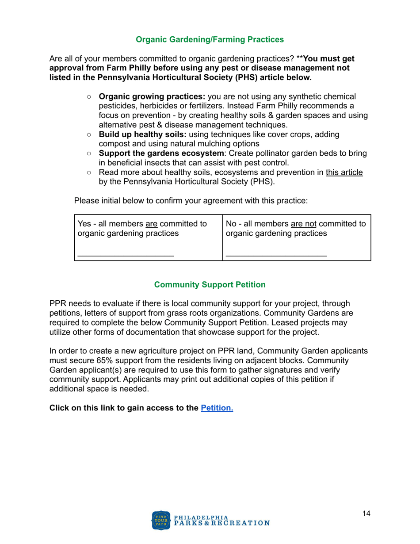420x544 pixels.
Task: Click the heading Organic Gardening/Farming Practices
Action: point(210,40)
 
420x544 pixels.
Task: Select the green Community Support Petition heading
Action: point(210,285)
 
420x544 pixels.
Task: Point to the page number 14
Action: point(366,513)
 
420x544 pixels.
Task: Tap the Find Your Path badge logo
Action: point(161,521)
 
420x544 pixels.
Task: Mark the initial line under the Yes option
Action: point(126,255)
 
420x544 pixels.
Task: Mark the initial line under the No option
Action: point(276,255)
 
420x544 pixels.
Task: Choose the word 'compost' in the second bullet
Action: point(113,143)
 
